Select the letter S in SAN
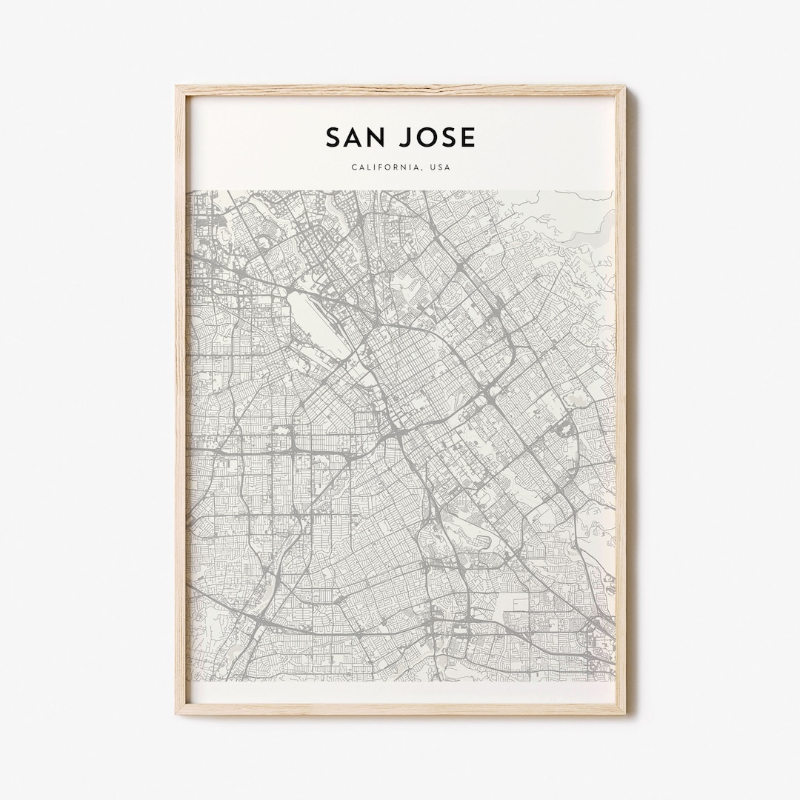tap(334, 138)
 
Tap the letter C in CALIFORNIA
tap(354, 167)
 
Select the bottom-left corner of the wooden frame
tap(176, 713)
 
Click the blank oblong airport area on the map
tap(317, 323)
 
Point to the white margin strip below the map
tap(400, 692)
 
